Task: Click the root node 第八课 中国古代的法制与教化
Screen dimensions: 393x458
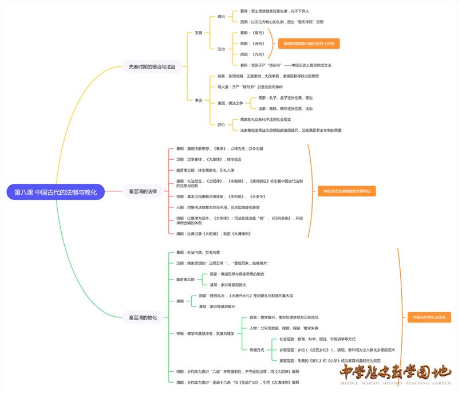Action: [56, 192]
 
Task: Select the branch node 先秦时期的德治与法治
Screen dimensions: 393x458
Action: [148, 67]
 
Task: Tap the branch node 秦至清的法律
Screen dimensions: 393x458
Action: [143, 191]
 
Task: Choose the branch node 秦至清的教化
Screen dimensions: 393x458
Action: [143, 317]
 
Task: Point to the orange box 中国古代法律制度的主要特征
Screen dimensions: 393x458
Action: [346, 191]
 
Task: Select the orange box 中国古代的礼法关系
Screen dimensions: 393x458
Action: [429, 317]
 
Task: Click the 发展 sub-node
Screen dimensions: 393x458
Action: [198, 33]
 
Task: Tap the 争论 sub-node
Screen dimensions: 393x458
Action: [198, 100]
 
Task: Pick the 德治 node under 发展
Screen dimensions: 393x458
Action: [221, 17]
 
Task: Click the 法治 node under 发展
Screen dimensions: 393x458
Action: [221, 49]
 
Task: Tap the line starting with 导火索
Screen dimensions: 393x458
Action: [250, 87]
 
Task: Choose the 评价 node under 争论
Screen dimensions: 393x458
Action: [221, 124]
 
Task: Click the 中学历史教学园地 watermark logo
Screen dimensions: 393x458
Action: [394, 375]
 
